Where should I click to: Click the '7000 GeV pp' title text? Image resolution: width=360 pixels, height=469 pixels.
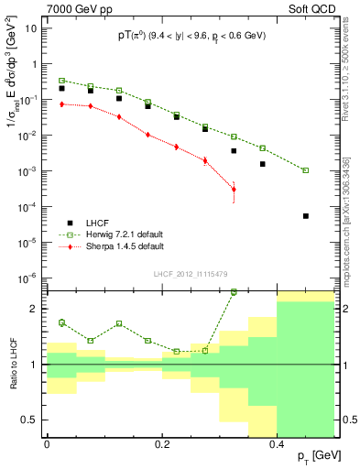[x=74, y=8]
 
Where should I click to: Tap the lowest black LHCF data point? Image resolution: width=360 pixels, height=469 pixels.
[x=306, y=216]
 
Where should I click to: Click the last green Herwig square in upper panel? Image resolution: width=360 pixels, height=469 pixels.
[x=306, y=170]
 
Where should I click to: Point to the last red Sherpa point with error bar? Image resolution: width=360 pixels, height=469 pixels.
[x=234, y=190]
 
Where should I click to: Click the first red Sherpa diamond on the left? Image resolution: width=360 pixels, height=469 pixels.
[x=61, y=104]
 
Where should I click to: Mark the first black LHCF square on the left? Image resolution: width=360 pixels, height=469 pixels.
[x=61, y=88]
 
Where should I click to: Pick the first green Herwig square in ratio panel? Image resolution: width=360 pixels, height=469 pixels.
[x=61, y=322]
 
